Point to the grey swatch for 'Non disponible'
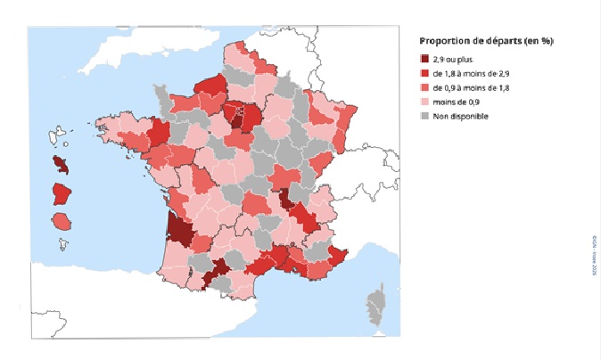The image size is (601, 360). (424, 116)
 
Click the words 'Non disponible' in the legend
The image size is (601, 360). (460, 116)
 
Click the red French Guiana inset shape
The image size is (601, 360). (62, 193)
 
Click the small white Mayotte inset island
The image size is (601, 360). (62, 242)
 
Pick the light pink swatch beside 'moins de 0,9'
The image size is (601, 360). (424, 102)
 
